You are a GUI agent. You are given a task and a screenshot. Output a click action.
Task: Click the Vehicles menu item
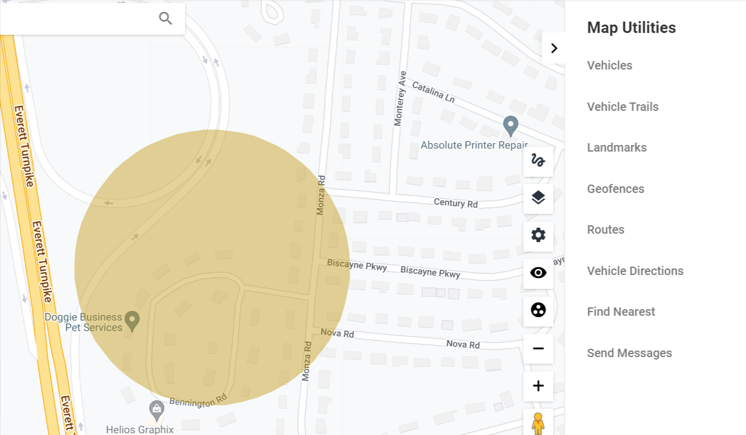point(609,65)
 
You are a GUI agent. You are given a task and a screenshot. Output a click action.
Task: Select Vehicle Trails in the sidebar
point(623,107)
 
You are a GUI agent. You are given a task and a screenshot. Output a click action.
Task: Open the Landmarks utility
point(617,147)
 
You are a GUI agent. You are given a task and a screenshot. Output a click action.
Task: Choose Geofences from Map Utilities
point(615,189)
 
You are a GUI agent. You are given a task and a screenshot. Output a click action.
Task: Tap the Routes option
point(605,229)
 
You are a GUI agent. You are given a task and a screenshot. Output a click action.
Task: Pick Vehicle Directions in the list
point(635,271)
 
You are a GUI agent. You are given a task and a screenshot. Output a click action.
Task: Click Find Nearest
point(621,312)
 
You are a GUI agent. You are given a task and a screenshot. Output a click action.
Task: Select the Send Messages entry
point(629,353)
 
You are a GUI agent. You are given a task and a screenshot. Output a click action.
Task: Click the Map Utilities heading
point(631,28)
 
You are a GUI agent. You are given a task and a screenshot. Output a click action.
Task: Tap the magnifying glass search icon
point(166,19)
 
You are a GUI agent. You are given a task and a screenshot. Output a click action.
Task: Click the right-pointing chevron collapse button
point(554,48)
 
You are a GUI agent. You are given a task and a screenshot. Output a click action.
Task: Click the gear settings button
point(538,235)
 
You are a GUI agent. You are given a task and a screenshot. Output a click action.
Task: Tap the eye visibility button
point(538,273)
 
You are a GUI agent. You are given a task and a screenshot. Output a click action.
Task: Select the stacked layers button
point(538,198)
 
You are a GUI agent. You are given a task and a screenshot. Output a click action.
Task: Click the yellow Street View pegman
point(538,423)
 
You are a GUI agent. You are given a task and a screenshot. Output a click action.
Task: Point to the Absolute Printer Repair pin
point(510,126)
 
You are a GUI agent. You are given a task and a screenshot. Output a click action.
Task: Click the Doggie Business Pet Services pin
point(132,321)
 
